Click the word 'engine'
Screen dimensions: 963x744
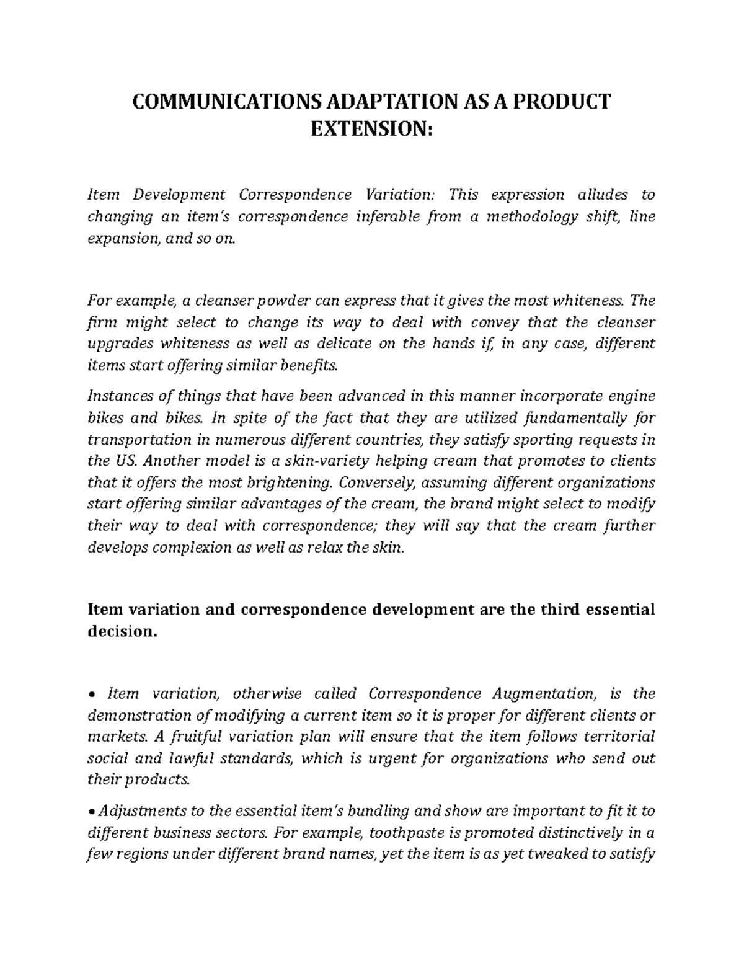click(x=632, y=396)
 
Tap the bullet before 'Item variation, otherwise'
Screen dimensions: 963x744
click(x=92, y=694)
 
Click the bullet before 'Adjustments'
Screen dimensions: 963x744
click(x=92, y=812)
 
